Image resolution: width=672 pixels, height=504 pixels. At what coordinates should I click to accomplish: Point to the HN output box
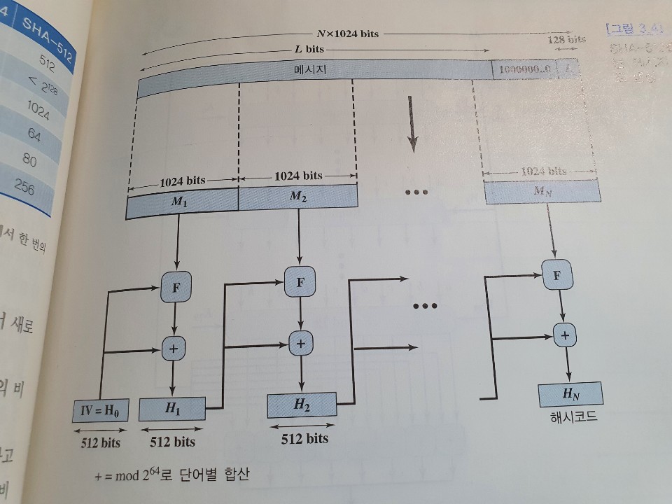pyautogui.click(x=570, y=396)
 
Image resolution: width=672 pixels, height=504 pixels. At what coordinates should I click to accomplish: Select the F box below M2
pyautogui.click(x=300, y=282)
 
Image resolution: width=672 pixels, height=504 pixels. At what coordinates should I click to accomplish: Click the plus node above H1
pyautogui.click(x=174, y=347)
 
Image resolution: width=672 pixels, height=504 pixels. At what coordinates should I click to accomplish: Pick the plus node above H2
pyautogui.click(x=301, y=343)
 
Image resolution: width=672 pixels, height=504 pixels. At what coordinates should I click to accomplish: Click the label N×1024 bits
pyautogui.click(x=347, y=34)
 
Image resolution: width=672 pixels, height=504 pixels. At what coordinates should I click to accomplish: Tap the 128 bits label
pyautogui.click(x=567, y=39)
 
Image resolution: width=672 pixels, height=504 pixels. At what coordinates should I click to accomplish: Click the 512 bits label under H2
pyautogui.click(x=304, y=439)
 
